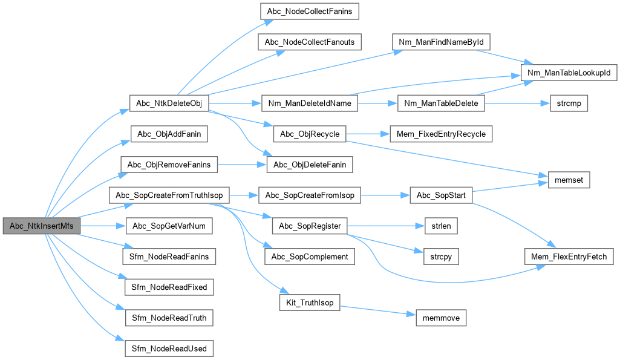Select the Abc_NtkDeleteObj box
pyautogui.click(x=169, y=103)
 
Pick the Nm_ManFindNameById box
pyautogui.click(x=440, y=42)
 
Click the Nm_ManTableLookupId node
pyautogui.click(x=568, y=73)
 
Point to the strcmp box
pyautogui.click(x=567, y=103)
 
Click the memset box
pyautogui.click(x=568, y=180)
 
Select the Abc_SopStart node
pyautogui.click(x=440, y=195)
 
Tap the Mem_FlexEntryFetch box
pyautogui.click(x=568, y=257)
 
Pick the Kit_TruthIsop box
pyautogui.click(x=309, y=302)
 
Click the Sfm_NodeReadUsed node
pyautogui.click(x=169, y=349)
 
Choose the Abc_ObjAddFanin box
pyautogui.click(x=169, y=134)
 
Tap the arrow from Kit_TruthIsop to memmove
pyautogui.click(x=375, y=310)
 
